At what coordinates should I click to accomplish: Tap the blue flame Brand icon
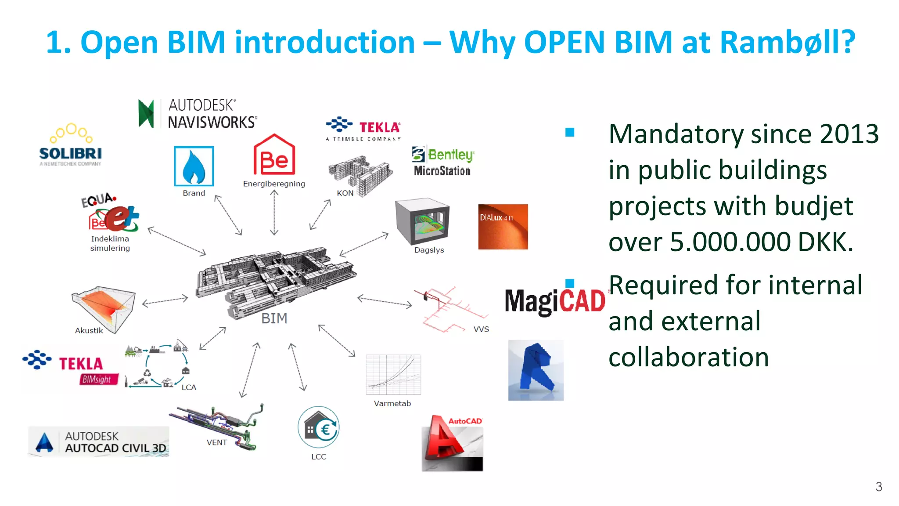tap(194, 166)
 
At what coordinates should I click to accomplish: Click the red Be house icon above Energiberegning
tap(274, 155)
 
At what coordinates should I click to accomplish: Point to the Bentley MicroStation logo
tap(442, 162)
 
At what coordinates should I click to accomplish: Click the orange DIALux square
tap(503, 227)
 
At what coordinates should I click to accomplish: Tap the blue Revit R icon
tap(536, 370)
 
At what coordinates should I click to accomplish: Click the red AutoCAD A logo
tap(452, 443)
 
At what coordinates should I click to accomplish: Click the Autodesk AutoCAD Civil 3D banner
tap(99, 441)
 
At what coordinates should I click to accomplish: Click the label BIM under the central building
tap(274, 318)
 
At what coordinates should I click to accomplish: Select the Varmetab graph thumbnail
tap(393, 375)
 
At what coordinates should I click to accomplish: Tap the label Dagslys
tap(429, 250)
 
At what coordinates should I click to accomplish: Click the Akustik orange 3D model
tap(104, 308)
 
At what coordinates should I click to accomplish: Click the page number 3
tap(878, 487)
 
